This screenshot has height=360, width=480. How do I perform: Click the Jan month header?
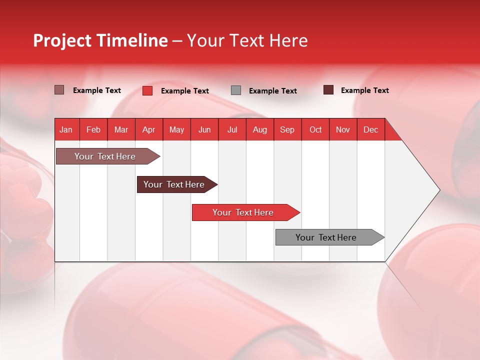tap(66, 129)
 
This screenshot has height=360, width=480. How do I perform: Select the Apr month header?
tap(148, 129)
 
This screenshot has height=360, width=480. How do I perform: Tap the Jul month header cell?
tap(232, 129)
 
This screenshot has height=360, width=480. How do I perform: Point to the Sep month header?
tap(287, 129)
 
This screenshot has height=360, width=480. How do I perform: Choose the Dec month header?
tap(370, 129)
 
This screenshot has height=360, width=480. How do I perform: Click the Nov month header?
tap(342, 129)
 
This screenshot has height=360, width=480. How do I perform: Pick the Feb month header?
tap(93, 129)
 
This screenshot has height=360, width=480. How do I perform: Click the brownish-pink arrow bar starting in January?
tap(105, 156)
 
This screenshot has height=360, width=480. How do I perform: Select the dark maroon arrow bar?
tap(174, 184)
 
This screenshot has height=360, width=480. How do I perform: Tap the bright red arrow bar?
tap(243, 212)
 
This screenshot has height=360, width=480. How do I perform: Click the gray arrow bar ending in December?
tap(326, 237)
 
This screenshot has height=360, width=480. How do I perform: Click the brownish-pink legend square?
tap(59, 90)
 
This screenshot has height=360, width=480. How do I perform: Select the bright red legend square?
tap(147, 90)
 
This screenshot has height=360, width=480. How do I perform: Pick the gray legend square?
tap(235, 90)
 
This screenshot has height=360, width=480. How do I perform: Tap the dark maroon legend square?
tap(328, 90)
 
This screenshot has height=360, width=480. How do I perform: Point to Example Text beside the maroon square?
tap(364, 90)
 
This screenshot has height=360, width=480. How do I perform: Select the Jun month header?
tap(204, 129)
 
